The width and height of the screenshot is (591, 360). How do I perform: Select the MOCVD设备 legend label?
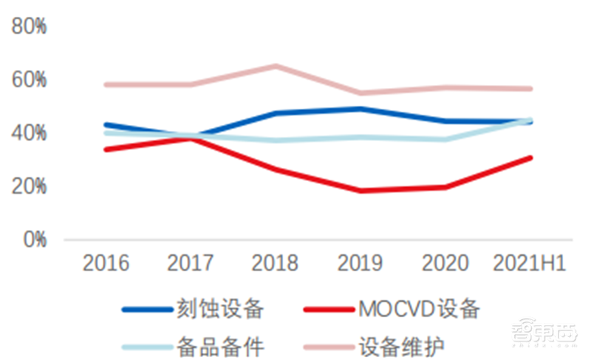coord(418,308)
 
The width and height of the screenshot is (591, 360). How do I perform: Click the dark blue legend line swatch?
coord(146,309)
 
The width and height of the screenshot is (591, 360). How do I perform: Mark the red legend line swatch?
coord(327,309)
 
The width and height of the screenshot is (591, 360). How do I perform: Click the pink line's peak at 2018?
coord(276,66)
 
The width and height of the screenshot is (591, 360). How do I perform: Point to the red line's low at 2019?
coord(361,191)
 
